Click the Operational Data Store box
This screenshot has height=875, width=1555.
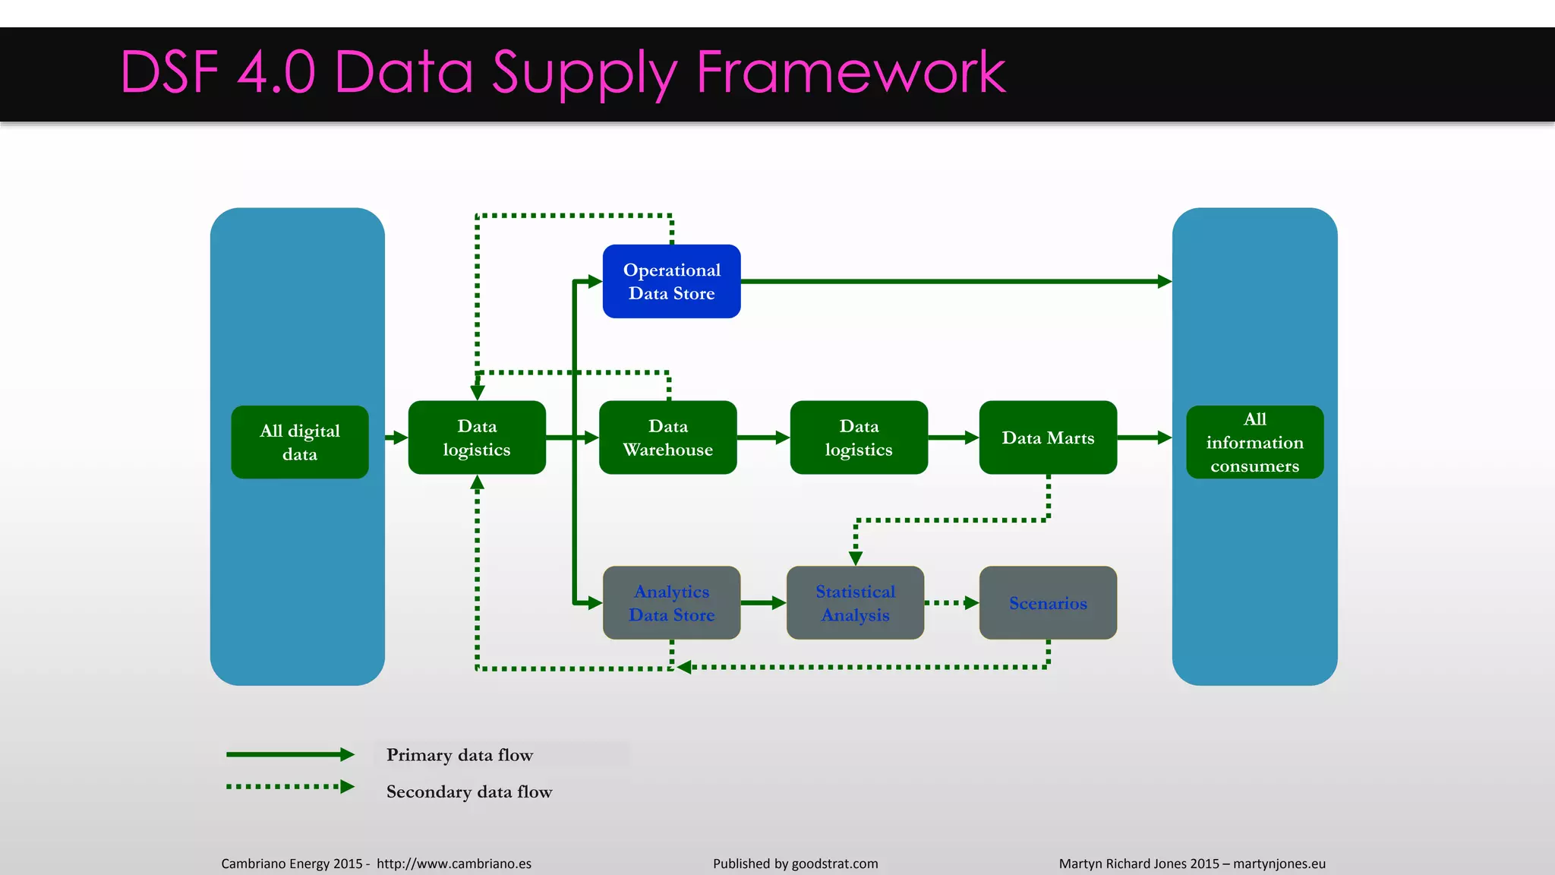pyautogui.click(x=671, y=281)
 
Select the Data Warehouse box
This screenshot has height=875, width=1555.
pyautogui.click(x=667, y=437)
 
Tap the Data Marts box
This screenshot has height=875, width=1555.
pyautogui.click(x=1048, y=437)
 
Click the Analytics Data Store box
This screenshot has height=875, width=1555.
pyautogui.click(x=671, y=602)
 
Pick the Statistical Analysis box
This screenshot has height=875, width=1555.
pyautogui.click(x=855, y=602)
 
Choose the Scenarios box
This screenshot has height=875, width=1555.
pyautogui.click(x=1048, y=602)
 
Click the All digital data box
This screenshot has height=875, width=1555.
pyautogui.click(x=299, y=442)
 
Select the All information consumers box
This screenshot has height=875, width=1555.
pyautogui.click(x=1254, y=442)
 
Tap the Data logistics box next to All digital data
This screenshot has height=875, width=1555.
pyautogui.click(x=477, y=437)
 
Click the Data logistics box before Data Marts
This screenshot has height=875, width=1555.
pyautogui.click(x=859, y=437)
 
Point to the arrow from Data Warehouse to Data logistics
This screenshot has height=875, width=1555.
pyautogui.click(x=762, y=437)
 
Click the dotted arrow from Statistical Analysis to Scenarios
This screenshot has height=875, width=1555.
pyautogui.click(x=951, y=602)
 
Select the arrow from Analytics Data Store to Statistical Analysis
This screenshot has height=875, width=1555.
pyautogui.click(x=762, y=602)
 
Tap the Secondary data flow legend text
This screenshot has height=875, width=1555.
pyautogui.click(x=469, y=791)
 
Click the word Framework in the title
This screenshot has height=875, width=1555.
pyautogui.click(x=850, y=72)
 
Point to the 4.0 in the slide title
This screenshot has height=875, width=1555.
pyautogui.click(x=276, y=72)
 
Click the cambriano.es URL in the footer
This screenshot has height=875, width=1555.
pyautogui.click(x=453, y=864)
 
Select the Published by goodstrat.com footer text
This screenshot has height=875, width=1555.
pyautogui.click(x=795, y=864)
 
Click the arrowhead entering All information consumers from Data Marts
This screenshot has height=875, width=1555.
pyautogui.click(x=1164, y=437)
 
